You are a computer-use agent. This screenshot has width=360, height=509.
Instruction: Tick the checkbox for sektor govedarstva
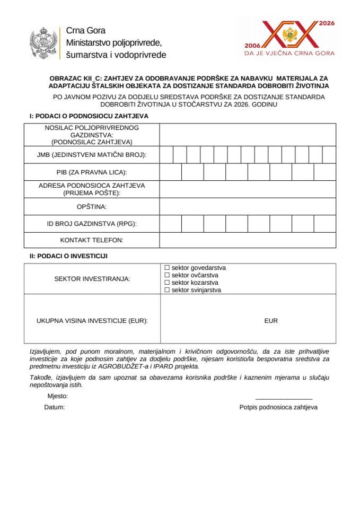167,268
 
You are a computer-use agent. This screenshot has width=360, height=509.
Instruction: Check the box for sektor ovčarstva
167,275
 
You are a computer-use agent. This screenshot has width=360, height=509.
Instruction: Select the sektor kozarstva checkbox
167,283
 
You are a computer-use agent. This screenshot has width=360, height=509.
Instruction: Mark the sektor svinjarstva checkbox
167,290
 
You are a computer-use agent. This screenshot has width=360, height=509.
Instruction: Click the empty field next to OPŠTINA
247,206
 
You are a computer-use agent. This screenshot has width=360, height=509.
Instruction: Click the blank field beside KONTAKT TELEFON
247,240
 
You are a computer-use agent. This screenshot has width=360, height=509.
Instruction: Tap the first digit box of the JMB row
166,155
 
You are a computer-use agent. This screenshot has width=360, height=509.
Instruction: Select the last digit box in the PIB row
324,172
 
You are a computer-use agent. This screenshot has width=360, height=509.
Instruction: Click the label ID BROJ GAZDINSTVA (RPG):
92,224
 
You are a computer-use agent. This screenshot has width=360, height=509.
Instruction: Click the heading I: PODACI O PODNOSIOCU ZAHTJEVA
89,116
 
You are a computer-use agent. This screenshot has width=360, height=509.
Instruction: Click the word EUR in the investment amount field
270,321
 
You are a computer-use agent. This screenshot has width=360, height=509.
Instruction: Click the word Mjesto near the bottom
57,396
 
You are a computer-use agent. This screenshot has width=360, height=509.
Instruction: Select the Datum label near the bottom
54,407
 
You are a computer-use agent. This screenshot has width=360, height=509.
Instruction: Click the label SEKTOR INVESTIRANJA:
92,279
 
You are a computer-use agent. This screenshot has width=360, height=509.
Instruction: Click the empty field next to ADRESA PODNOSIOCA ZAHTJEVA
247,189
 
